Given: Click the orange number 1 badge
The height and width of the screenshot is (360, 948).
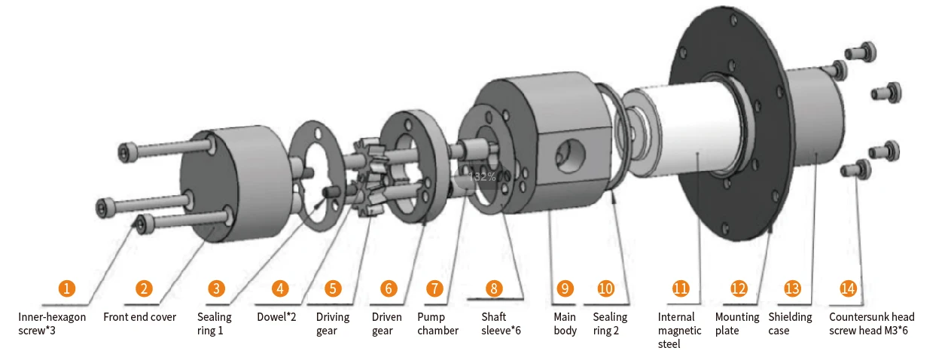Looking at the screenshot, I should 68,288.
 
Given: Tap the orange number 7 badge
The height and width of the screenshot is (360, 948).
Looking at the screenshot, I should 434,288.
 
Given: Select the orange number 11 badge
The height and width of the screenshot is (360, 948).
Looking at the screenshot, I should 681,288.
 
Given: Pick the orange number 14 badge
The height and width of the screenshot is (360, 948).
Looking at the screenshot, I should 849,288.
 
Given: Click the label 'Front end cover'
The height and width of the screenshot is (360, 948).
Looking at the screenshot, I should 139,317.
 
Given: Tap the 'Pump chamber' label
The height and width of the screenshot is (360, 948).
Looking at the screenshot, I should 437,324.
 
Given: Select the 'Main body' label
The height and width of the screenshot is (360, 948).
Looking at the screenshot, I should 565,324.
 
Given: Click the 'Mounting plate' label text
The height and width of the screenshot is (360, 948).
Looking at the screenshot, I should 736,324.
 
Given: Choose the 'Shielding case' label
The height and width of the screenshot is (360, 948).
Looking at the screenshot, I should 790,324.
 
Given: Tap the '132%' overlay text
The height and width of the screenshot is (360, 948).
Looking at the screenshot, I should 482,177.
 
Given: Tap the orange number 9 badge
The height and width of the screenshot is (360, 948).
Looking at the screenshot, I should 565,288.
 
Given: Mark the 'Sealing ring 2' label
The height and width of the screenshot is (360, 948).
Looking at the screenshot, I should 610,324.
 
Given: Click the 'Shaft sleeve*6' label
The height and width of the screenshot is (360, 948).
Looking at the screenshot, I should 501,324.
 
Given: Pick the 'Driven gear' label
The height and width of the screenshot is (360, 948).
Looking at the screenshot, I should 387,324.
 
